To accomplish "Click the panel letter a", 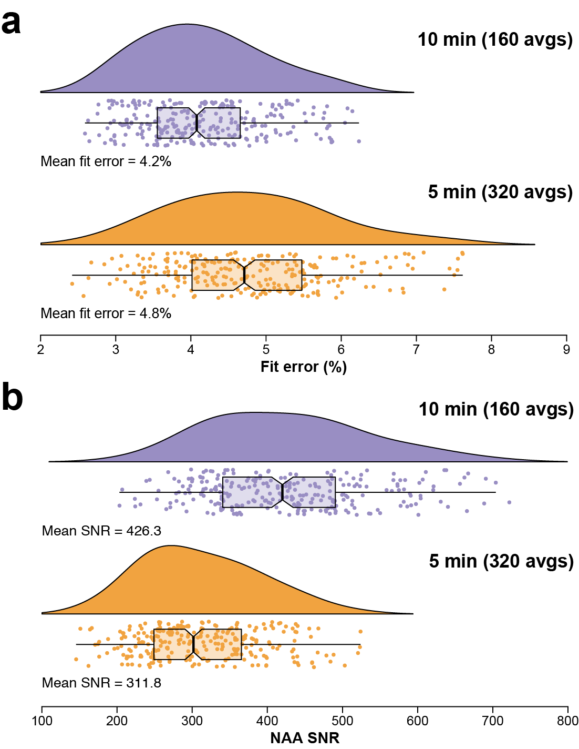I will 11,23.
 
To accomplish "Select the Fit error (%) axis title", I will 304,367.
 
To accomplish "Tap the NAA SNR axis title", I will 305,738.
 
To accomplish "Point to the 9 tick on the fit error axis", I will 566,350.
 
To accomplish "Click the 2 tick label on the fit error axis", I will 40,350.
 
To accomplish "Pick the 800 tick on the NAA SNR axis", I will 567,721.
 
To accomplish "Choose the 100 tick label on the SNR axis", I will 42,721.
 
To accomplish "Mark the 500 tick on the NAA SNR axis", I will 343,721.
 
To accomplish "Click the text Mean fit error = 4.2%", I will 106,161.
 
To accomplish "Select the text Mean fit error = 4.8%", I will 106,313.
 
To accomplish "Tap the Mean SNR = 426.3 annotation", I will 101,531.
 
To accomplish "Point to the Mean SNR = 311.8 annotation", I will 101,683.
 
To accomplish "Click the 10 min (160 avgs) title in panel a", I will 495,39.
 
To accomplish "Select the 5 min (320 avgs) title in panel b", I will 501,561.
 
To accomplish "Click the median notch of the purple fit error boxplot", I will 197,123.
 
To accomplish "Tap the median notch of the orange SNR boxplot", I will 193,644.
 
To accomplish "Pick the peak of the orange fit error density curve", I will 239,193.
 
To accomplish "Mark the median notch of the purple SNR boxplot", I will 283,492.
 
